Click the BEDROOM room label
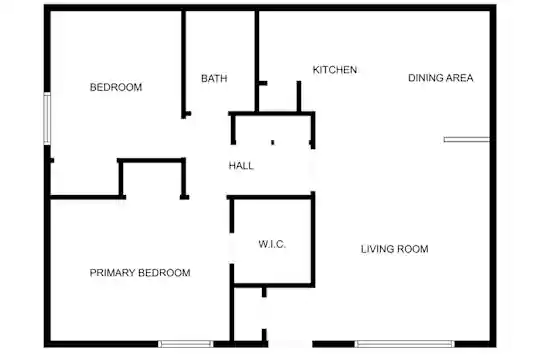tap(116, 87)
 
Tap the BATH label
tap(214, 79)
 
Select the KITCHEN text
tap(335, 70)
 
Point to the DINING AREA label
tap(440, 78)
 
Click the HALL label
tap(241, 166)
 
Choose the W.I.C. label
tap(272, 244)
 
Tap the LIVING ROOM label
tap(395, 249)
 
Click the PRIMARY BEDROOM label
tap(140, 273)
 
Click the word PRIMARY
tap(112, 273)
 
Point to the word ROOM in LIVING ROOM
tap(413, 249)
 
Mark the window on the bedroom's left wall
tap(47, 118)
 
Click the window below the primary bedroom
tap(186, 344)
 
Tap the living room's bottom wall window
tap(405, 344)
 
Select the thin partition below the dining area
tap(467, 140)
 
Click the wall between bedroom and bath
tap(184, 64)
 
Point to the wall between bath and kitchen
tap(257, 61)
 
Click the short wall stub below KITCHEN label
tap(299, 96)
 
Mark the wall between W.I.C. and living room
tap(313, 239)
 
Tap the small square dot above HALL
tap(273, 142)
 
